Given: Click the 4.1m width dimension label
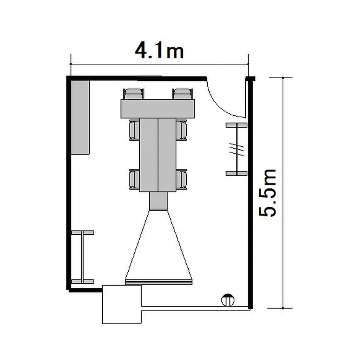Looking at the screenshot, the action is click(159, 50).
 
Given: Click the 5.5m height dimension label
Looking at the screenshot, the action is click(267, 193).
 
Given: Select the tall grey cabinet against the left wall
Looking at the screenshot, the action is click(80, 117).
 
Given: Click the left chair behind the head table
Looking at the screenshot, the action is click(133, 94).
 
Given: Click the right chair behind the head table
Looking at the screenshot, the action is click(182, 94).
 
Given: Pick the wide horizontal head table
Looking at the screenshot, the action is click(158, 109).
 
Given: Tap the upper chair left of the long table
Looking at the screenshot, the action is click(134, 130).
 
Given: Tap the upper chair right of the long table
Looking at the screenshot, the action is click(181, 130).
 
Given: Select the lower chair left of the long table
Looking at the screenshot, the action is click(134, 180).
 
